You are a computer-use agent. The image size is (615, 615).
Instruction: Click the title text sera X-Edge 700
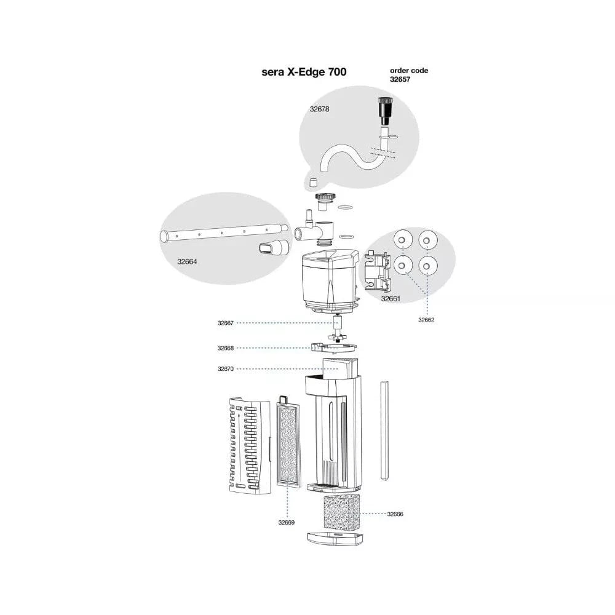click(304, 72)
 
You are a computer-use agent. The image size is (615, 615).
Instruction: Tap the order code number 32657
click(400, 79)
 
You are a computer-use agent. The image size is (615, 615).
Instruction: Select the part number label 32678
click(319, 109)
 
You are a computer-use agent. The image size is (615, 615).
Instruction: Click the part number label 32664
click(187, 261)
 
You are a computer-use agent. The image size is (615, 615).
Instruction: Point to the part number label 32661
click(391, 299)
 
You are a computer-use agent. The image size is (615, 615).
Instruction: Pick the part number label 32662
click(426, 320)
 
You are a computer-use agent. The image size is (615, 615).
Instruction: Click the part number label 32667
click(225, 322)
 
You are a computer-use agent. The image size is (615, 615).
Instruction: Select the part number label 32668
click(225, 348)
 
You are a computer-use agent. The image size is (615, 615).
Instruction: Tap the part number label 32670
click(225, 369)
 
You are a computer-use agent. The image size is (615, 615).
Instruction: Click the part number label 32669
click(286, 523)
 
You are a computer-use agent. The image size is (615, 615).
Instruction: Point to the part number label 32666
click(395, 513)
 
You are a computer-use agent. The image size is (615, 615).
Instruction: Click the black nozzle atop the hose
click(386, 111)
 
